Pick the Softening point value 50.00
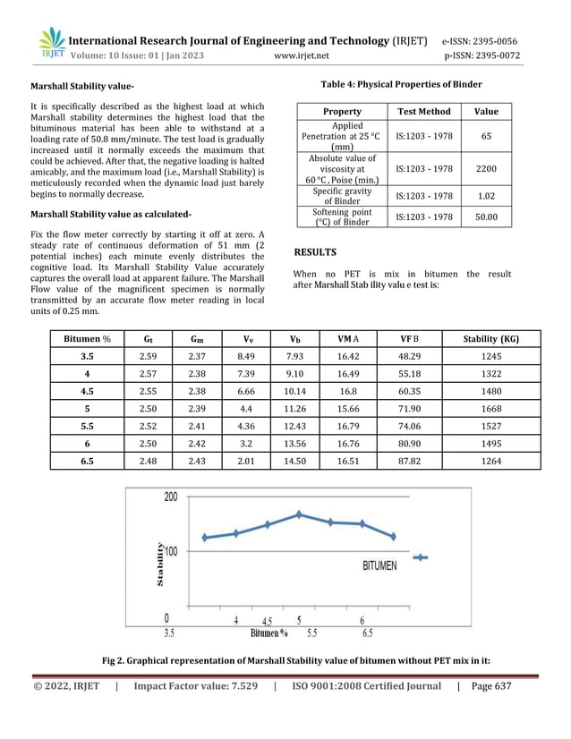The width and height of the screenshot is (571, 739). point(486,217)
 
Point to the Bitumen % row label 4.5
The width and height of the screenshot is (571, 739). point(88,391)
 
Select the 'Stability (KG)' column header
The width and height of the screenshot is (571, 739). point(490,339)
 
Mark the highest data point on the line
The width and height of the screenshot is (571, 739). point(300,514)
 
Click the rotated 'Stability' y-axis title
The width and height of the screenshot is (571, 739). point(160,564)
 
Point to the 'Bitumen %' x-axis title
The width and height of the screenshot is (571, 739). point(269,633)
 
